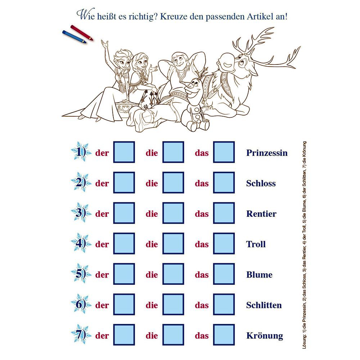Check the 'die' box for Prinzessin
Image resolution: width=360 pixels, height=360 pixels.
pyautogui.click(x=173, y=152)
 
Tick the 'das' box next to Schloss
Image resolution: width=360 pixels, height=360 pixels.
pyautogui.click(x=224, y=183)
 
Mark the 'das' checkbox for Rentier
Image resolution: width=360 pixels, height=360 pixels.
pyautogui.click(x=224, y=213)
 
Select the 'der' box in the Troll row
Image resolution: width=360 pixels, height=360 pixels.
pyautogui.click(x=124, y=244)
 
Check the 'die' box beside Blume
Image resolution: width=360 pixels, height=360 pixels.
pyautogui.click(x=173, y=274)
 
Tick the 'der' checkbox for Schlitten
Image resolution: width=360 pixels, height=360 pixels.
pyautogui.click(x=124, y=305)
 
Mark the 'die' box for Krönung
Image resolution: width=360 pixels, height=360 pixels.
pyautogui.click(x=173, y=335)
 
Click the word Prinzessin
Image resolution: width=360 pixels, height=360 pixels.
pyautogui.click(x=267, y=153)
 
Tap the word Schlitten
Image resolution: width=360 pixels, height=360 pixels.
pyautogui.click(x=264, y=305)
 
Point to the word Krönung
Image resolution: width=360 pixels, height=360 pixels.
pyautogui.click(x=265, y=336)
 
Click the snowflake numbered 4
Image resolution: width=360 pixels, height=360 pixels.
pyautogui.click(x=81, y=243)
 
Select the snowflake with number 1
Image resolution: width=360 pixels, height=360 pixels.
pyautogui.click(x=81, y=152)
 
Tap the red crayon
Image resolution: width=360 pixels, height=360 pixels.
pyautogui.click(x=82, y=33)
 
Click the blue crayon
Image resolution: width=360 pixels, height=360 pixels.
pyautogui.click(x=74, y=36)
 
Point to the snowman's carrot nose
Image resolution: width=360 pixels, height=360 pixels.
pyautogui.click(x=189, y=86)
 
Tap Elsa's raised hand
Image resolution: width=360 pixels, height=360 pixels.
pyautogui.click(x=105, y=44)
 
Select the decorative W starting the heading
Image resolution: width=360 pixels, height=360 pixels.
pyautogui.click(x=82, y=15)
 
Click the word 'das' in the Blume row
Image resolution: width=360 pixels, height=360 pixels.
pyautogui.click(x=202, y=275)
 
